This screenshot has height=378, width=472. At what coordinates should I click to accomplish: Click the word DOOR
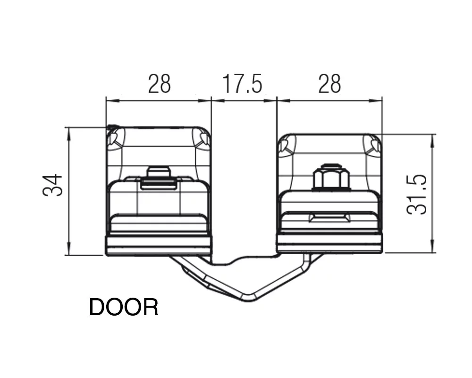tap(124, 307)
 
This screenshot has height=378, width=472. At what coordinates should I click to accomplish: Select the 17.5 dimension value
tap(242, 84)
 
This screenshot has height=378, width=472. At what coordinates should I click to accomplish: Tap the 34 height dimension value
tap(53, 185)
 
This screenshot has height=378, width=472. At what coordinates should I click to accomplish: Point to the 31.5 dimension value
tap(417, 194)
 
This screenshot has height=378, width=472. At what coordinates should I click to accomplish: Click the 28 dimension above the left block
tap(160, 84)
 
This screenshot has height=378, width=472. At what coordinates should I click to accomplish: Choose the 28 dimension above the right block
tap(329, 84)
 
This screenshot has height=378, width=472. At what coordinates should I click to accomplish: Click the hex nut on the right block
tap(331, 179)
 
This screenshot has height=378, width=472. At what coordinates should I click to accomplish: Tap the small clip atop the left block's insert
tap(158, 178)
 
